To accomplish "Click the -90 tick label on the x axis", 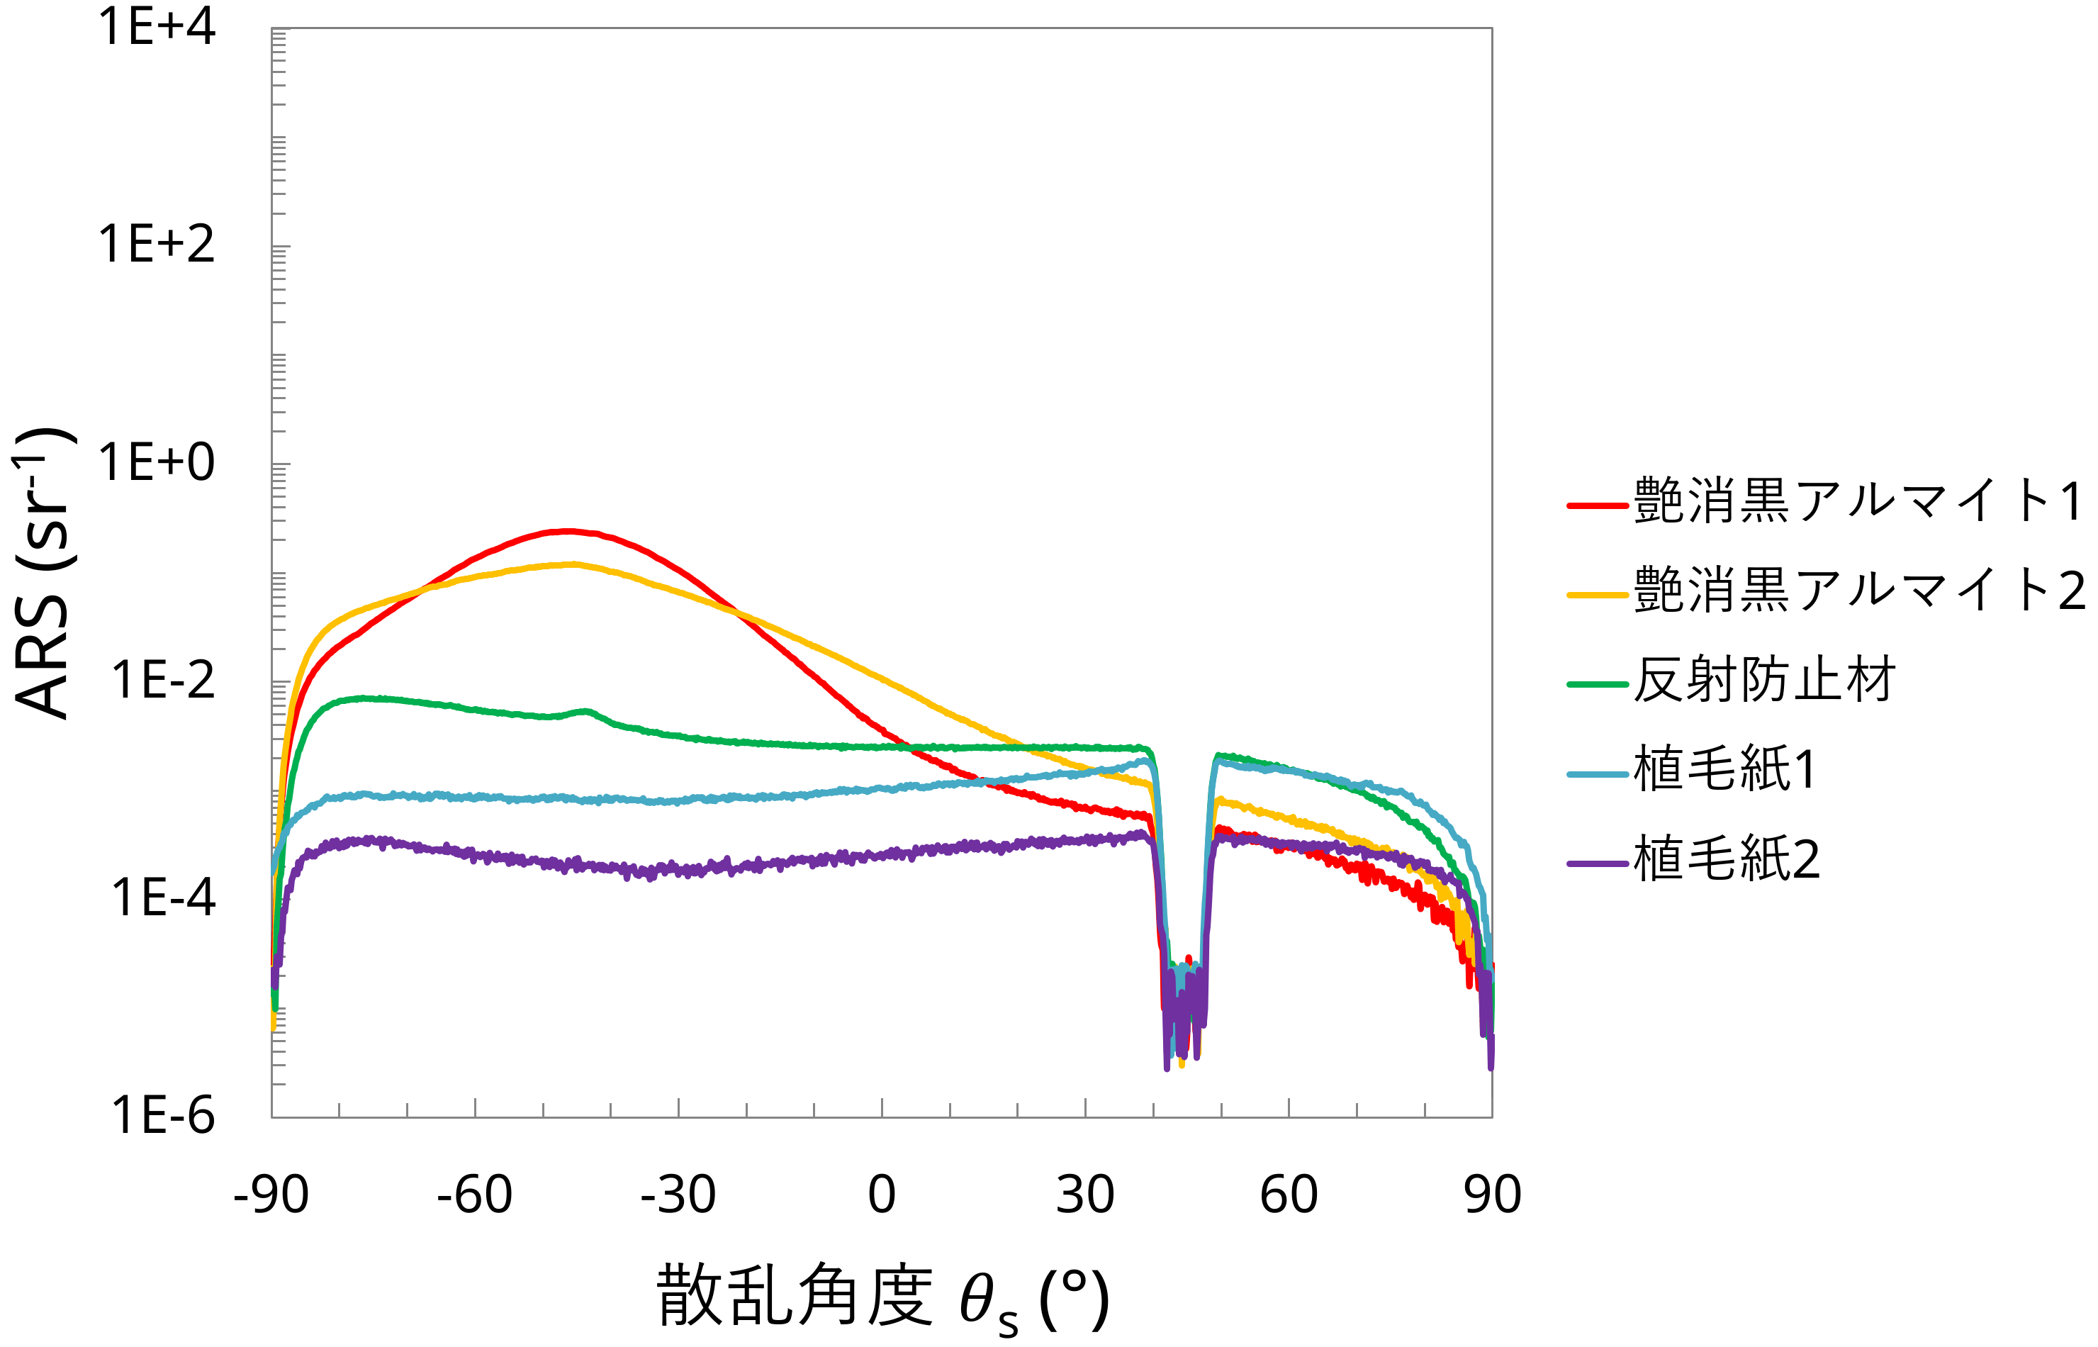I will (x=271, y=1194).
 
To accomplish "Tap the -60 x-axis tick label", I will (x=475, y=1194).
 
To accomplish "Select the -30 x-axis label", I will (x=678, y=1194).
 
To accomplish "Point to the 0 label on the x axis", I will (x=882, y=1194).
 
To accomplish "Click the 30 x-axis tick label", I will (x=1085, y=1194).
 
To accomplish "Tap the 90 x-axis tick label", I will (x=1492, y=1194).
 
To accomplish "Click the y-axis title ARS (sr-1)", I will (x=44, y=573).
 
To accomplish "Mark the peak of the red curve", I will (x=568, y=530).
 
